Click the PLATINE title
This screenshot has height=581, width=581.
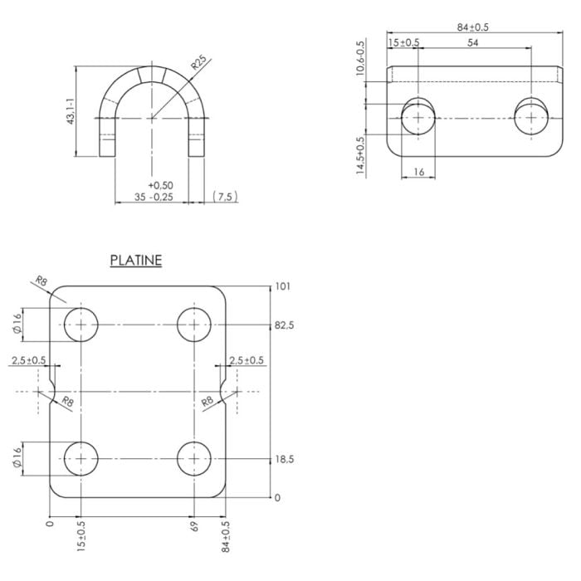(x=136, y=260)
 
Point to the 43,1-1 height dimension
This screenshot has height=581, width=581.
(x=71, y=111)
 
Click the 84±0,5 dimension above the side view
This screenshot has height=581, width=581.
(x=473, y=27)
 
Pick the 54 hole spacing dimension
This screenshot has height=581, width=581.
(x=472, y=42)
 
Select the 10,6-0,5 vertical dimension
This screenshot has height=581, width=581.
(x=360, y=58)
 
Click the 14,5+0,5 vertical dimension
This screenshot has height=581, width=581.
(x=360, y=156)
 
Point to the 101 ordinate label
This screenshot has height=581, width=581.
(x=282, y=286)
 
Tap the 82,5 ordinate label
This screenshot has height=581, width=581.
(x=284, y=325)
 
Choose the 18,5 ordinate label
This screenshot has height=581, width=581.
(x=284, y=460)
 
